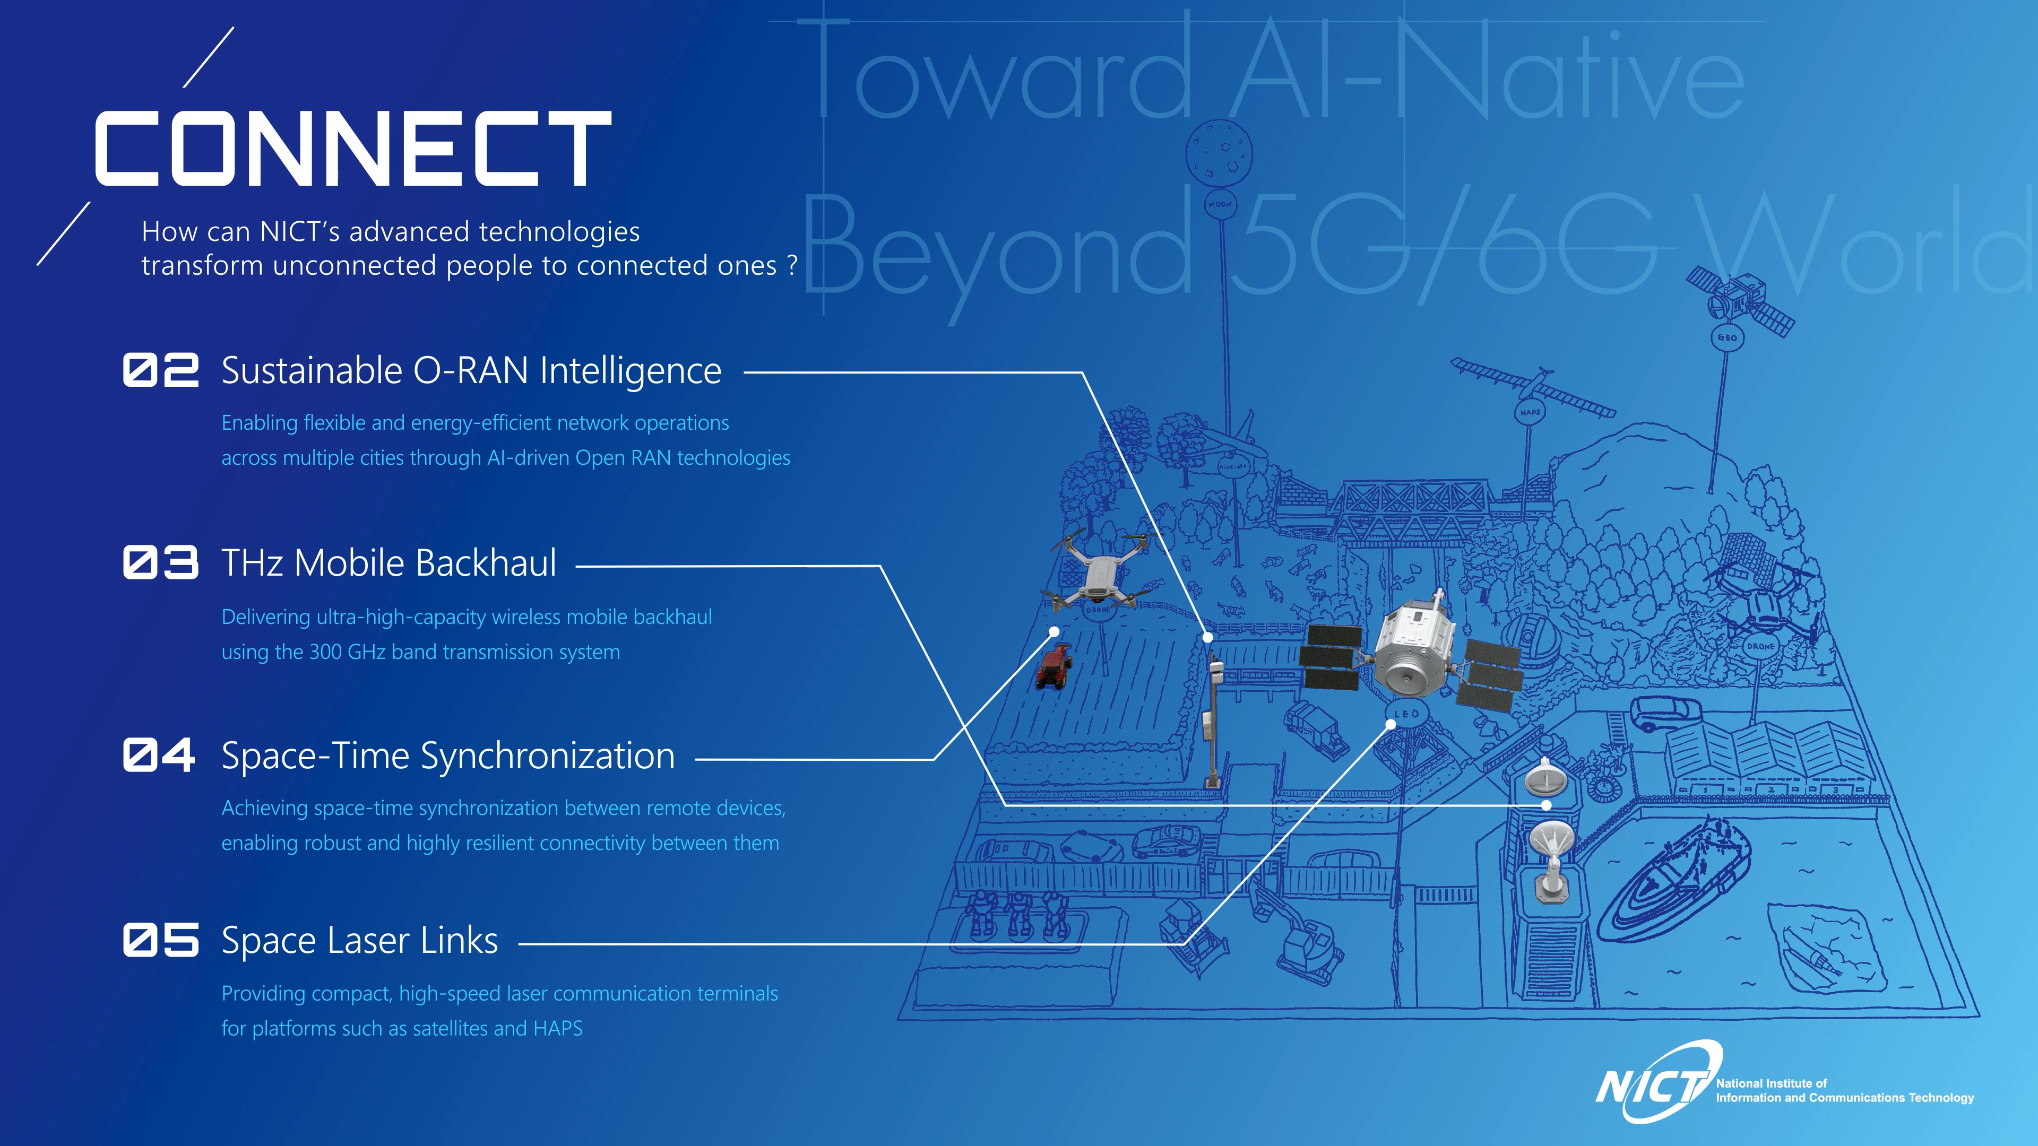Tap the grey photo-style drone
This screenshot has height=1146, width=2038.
tap(1098, 577)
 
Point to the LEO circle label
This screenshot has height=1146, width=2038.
tap(1406, 714)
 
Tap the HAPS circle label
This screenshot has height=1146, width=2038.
tap(1530, 412)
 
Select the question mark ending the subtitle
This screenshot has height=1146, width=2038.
tap(792, 266)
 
